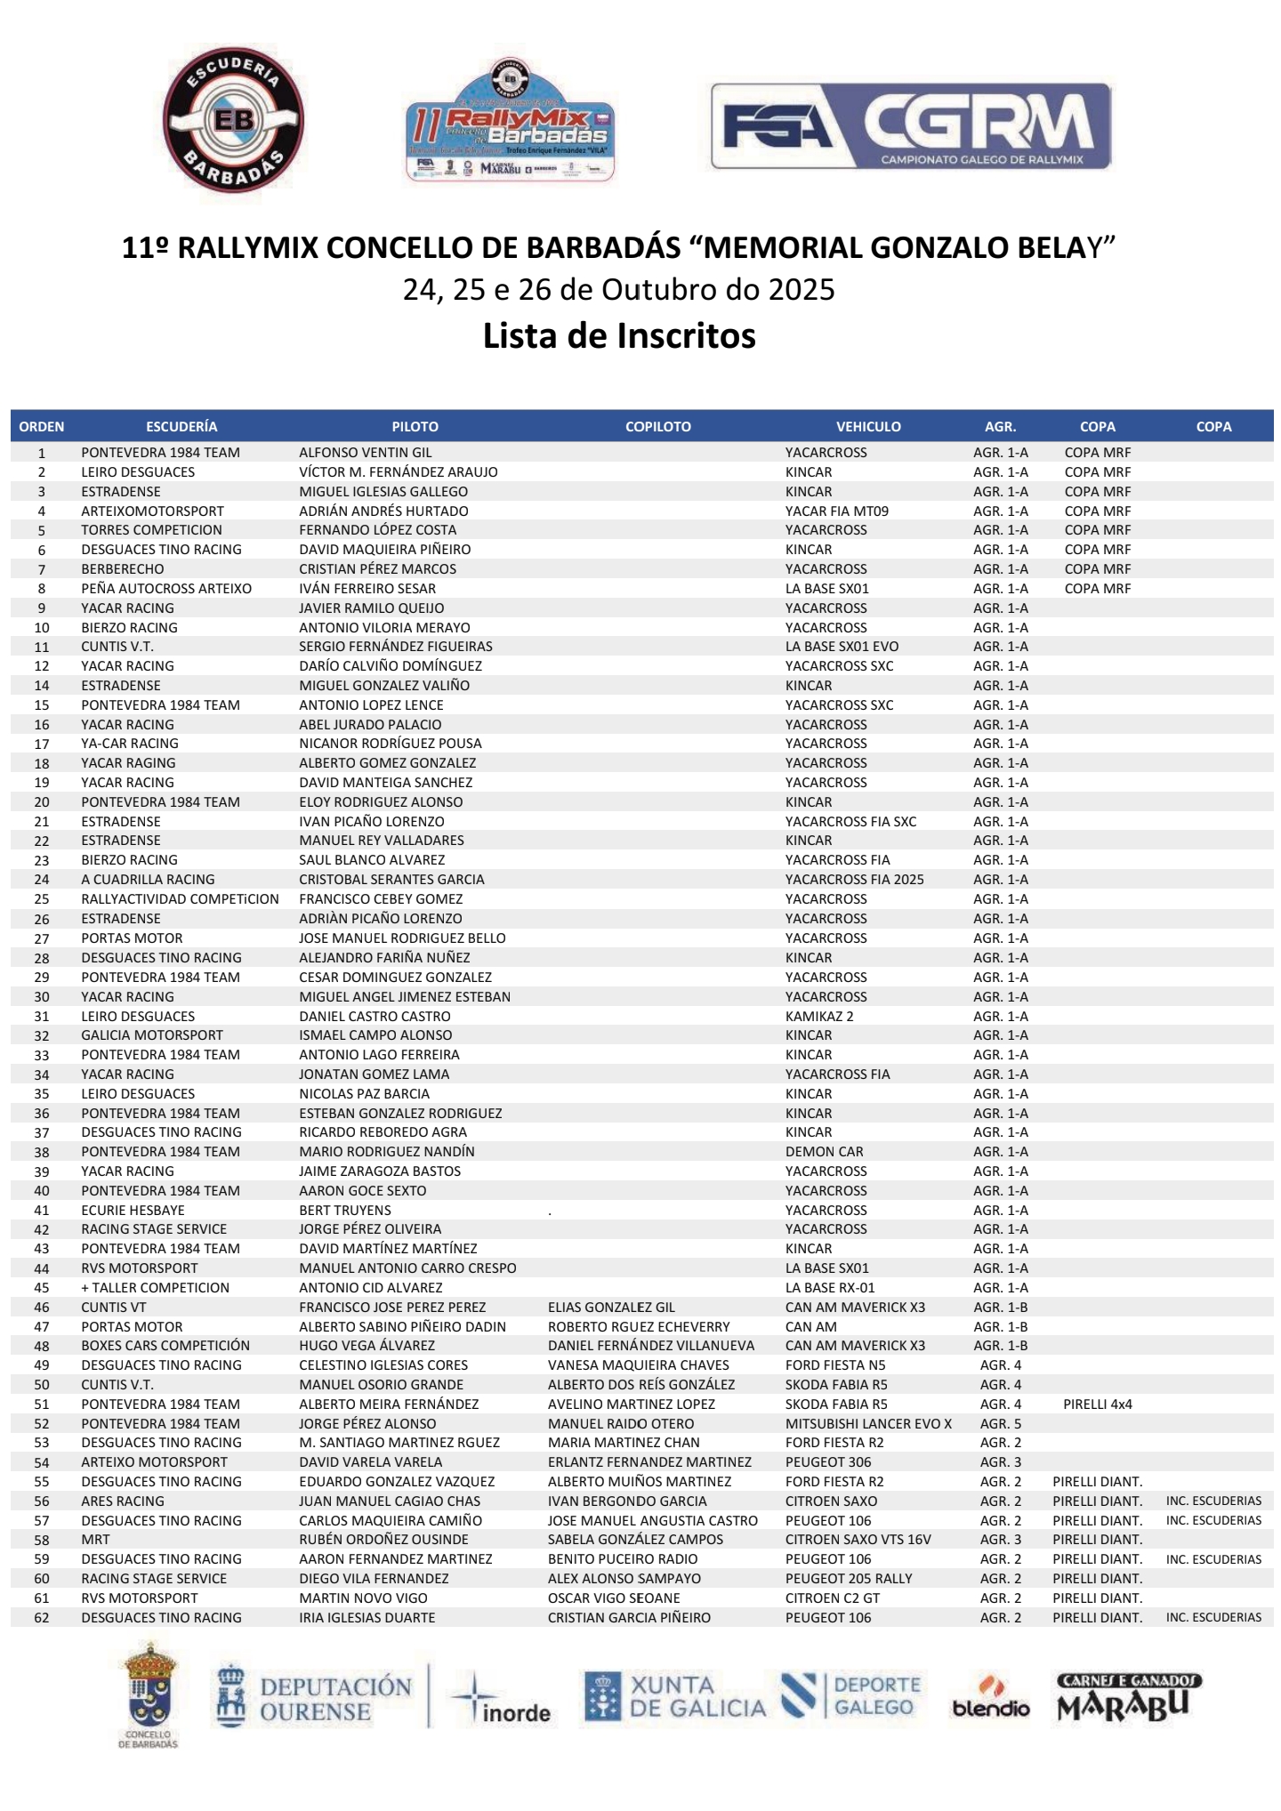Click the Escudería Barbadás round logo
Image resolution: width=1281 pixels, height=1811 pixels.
[233, 120]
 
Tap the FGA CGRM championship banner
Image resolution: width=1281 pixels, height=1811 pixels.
[910, 125]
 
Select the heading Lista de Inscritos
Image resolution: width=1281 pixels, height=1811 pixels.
[619, 336]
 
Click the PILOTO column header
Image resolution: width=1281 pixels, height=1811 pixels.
[415, 427]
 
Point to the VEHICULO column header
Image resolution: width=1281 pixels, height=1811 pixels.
[868, 427]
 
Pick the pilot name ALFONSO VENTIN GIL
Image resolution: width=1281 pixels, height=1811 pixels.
[365, 453]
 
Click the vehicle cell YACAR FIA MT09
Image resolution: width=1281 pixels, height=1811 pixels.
[836, 511]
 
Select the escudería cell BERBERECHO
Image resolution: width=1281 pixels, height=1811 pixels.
[123, 569]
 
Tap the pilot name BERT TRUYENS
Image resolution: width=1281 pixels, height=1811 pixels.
[345, 1210]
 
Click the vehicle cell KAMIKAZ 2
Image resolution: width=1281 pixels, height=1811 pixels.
[818, 1016]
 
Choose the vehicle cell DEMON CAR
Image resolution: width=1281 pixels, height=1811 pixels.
[824, 1152]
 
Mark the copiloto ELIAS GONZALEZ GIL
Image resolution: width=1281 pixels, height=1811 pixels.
[611, 1308]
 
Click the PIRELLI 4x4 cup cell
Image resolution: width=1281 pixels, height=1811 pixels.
[1097, 1405]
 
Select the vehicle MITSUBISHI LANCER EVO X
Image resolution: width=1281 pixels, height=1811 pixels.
[868, 1424]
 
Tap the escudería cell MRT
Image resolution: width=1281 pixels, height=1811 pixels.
[96, 1540]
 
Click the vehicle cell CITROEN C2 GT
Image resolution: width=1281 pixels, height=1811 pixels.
[832, 1598]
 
